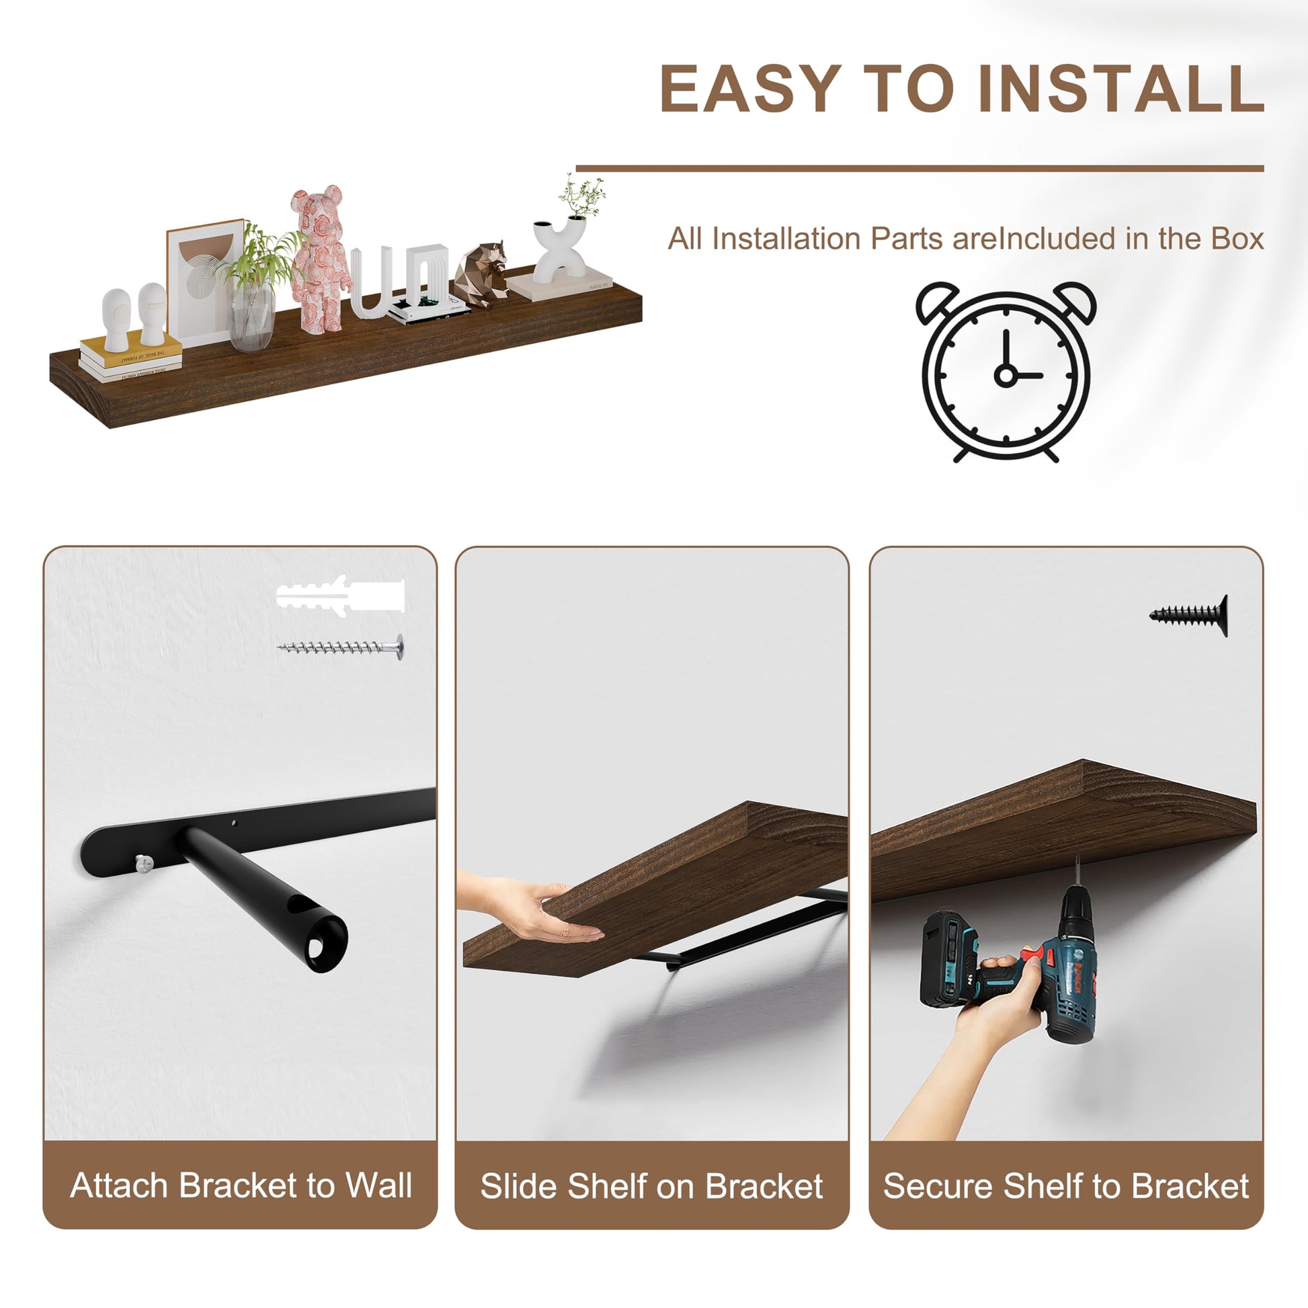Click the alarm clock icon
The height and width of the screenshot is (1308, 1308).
pyautogui.click(x=1006, y=372)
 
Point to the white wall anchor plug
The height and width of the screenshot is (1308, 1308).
pyautogui.click(x=341, y=594)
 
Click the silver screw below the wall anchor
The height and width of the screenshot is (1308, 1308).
pyautogui.click(x=341, y=647)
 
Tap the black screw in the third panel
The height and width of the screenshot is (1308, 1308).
pyautogui.click(x=1189, y=616)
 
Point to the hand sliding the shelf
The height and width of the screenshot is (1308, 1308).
pyautogui.click(x=528, y=909)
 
